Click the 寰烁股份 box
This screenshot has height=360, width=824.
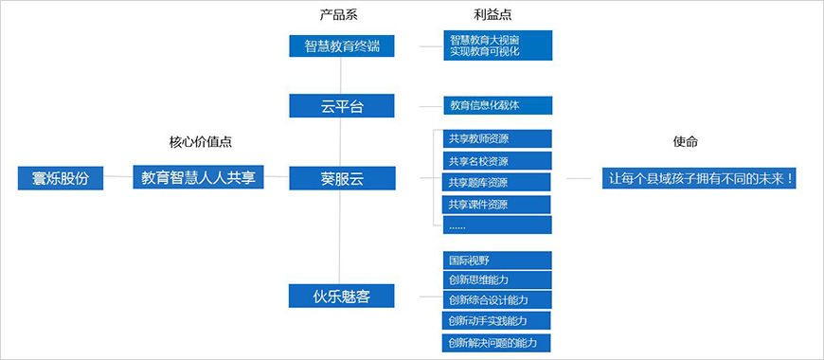60,177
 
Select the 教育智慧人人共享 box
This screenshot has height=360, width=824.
198,177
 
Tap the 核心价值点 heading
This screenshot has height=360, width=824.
200,141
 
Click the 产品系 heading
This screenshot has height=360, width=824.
339,15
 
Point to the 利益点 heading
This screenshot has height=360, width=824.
493,15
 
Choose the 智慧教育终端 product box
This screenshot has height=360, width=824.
340,45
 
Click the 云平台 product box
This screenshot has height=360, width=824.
340,105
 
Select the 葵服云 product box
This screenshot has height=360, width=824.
340,178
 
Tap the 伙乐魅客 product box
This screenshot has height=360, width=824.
340,297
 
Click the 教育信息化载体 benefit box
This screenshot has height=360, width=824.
497,105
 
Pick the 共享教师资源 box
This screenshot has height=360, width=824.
497,138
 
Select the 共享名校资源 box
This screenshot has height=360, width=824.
497,161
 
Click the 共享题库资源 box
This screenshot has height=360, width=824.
497,183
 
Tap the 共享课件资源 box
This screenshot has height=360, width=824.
497,205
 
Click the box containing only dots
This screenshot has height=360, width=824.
497,225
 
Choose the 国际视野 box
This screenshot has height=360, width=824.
497,259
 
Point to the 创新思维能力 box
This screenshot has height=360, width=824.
497,279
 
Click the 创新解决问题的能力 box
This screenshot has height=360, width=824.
497,342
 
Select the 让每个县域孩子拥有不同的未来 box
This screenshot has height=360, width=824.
699,178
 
